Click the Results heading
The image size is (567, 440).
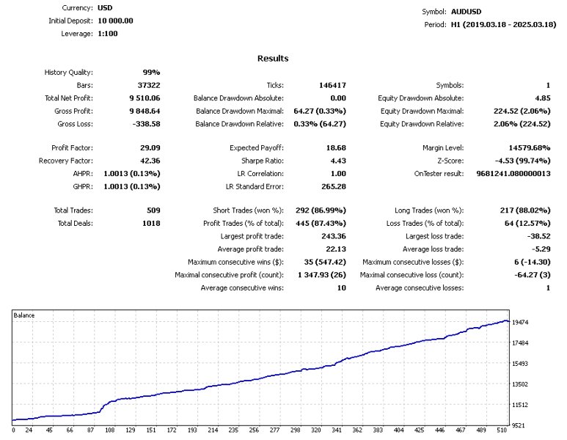(273, 59)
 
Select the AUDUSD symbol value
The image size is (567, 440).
(467, 12)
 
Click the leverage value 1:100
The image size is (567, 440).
(107, 34)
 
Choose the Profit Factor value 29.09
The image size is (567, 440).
(148, 148)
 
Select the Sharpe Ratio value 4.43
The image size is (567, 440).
(336, 161)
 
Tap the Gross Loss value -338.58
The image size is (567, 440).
(145, 123)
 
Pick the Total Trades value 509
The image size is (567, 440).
(153, 210)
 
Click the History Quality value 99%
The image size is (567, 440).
(151, 73)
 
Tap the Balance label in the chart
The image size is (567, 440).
(25, 315)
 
